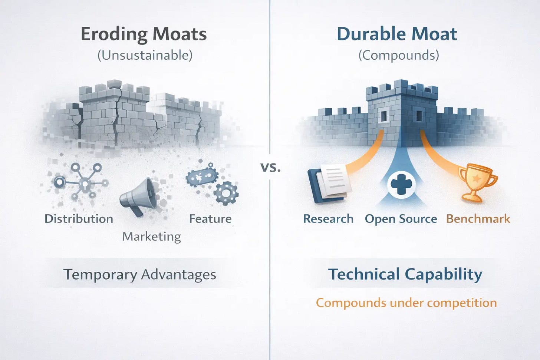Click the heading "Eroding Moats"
(x=144, y=34)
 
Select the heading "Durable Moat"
(x=396, y=34)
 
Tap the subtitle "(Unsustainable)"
(x=145, y=55)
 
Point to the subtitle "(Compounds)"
(x=398, y=55)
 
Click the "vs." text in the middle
(x=270, y=167)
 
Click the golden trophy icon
(x=478, y=182)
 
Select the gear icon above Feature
(x=226, y=193)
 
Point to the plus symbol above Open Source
(x=401, y=184)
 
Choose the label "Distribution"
(x=79, y=219)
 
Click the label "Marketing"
(x=151, y=237)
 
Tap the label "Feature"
(x=210, y=219)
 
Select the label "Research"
(x=328, y=219)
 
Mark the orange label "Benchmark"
(x=478, y=219)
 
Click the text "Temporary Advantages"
(x=139, y=275)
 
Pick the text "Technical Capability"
(x=405, y=274)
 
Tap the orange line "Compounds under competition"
(x=406, y=303)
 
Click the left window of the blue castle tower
(x=383, y=116)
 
